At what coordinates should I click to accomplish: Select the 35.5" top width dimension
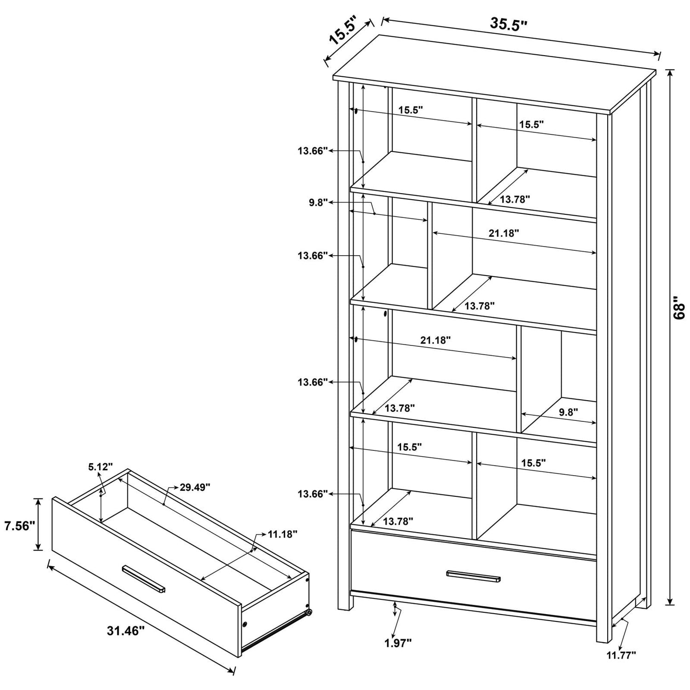508,24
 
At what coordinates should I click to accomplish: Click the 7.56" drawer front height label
20,526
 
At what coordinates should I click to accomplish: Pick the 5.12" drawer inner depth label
100,467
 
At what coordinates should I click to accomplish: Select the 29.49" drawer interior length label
195,487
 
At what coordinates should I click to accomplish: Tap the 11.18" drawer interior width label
282,534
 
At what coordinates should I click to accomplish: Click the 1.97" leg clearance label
398,643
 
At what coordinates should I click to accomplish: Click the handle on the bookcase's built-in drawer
473,575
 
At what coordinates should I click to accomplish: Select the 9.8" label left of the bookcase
318,202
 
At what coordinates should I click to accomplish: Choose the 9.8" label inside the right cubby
569,412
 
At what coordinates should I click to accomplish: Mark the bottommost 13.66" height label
312,494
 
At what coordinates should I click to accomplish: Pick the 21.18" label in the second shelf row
504,233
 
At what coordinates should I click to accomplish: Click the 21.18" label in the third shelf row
435,340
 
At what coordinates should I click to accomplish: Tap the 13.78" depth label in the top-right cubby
515,199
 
